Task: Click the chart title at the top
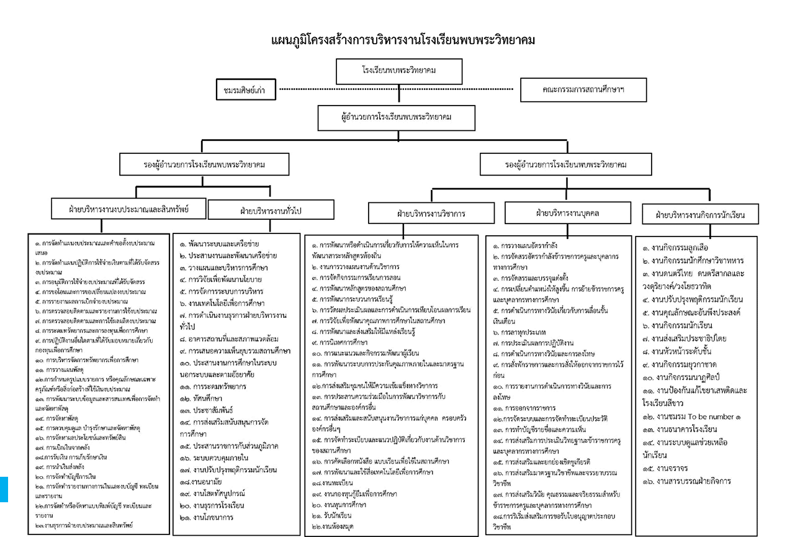tap(403, 40)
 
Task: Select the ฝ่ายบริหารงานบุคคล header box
tap(567, 213)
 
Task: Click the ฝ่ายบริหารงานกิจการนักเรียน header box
tap(699, 215)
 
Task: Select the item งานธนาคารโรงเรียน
tap(683, 430)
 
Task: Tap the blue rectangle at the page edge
tap(3, 489)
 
